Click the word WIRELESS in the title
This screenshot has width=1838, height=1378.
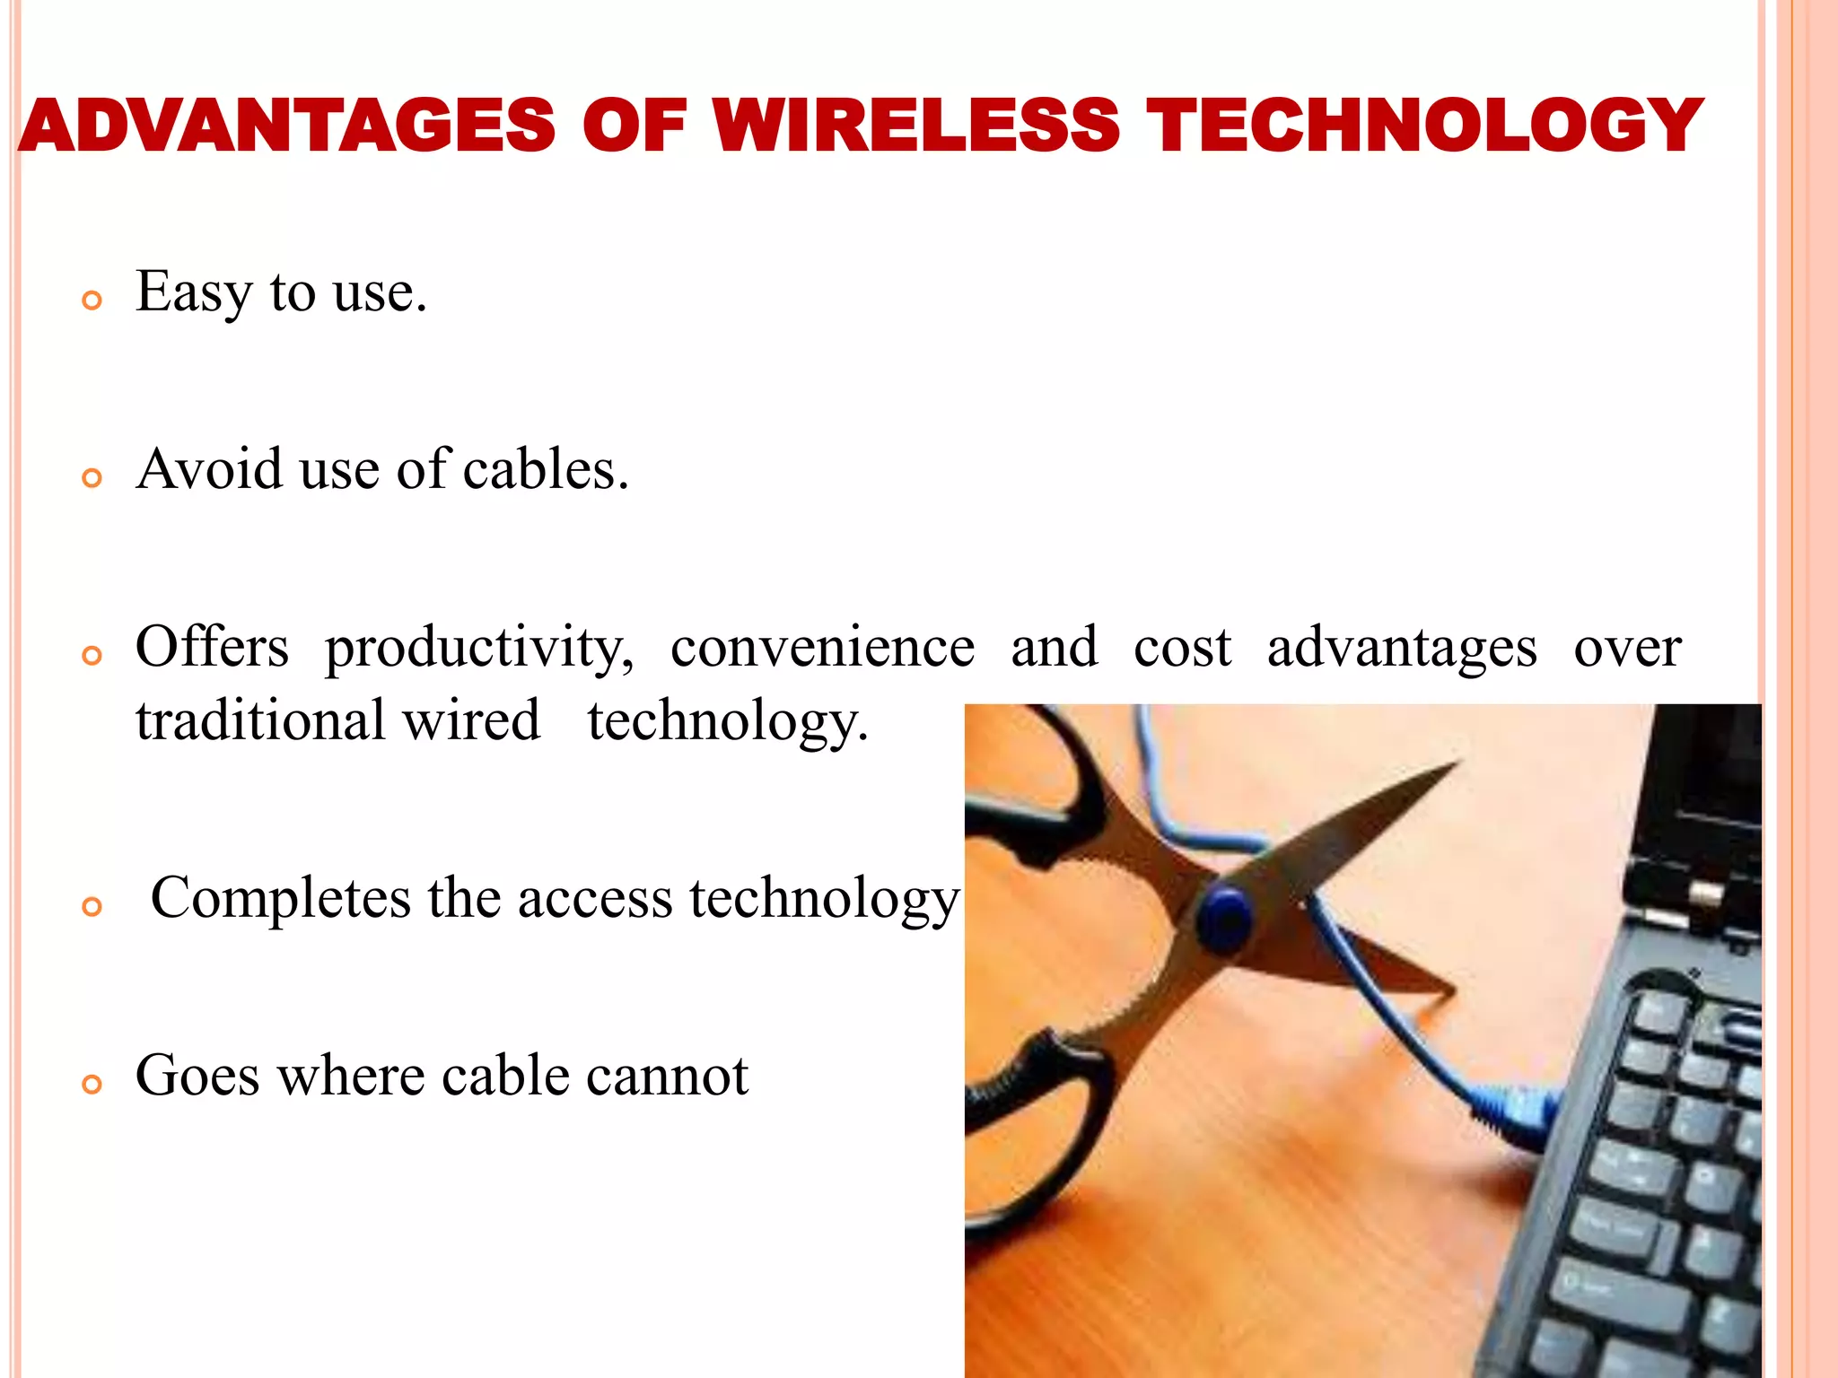tap(916, 126)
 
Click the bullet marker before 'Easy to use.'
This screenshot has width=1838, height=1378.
tap(92, 301)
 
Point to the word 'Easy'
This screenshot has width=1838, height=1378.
tap(194, 292)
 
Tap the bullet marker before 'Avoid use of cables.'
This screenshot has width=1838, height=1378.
tap(92, 478)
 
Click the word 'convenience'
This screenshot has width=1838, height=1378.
tap(822, 648)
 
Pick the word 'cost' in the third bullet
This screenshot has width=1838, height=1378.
tap(1182, 648)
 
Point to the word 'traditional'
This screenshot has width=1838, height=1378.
tap(260, 720)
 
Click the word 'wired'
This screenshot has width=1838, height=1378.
tap(471, 720)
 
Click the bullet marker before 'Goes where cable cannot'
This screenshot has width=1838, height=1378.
tap(92, 1085)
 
